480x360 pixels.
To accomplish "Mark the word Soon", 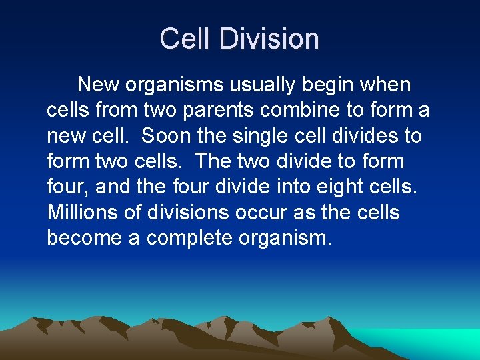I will coord(167,136).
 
